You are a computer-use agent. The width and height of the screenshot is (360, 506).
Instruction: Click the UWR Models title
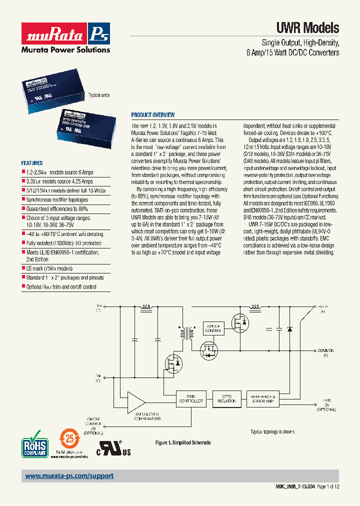[x=307, y=28]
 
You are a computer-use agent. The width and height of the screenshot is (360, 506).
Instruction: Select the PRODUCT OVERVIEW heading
[x=152, y=114]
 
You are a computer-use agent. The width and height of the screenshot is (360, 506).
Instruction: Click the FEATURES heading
[x=32, y=163]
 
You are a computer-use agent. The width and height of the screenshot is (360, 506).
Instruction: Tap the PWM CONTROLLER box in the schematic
[x=190, y=398]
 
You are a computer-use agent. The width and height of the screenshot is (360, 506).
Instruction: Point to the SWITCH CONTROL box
[x=212, y=327]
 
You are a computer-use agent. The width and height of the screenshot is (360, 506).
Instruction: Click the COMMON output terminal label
[x=324, y=351]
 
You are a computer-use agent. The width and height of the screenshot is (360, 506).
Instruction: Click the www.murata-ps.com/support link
[x=69, y=476]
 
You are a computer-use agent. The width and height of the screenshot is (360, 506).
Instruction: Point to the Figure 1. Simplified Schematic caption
[x=183, y=442]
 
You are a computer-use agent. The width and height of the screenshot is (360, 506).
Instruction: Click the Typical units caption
[x=98, y=95]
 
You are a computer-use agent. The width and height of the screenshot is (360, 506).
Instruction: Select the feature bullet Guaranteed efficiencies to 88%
[x=57, y=208]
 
